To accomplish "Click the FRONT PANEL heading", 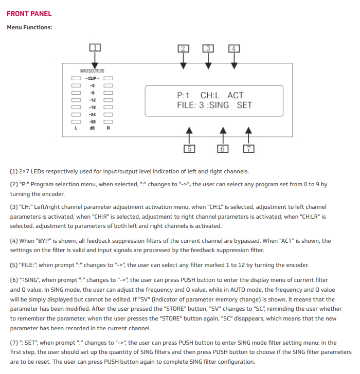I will (29, 13).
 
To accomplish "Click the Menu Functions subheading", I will (29, 27).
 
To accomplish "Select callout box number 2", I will (184, 48).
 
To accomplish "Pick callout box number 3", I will (208, 48).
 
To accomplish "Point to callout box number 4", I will (234, 48).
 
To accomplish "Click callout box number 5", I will (189, 149).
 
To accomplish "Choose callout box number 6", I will (223, 149).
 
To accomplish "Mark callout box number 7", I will (249, 149).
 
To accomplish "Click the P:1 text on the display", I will (183, 95).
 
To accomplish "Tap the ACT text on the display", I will (235, 95).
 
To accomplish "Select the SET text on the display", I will (244, 105).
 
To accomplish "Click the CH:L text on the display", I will (210, 95).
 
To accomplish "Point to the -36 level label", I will (93, 121).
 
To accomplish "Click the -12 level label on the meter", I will (93, 100).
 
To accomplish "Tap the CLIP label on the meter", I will (92, 78).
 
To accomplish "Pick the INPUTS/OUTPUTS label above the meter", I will (92, 70).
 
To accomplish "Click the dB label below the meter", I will (93, 129).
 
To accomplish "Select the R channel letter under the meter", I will (108, 129).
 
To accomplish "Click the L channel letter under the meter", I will (76, 129).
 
